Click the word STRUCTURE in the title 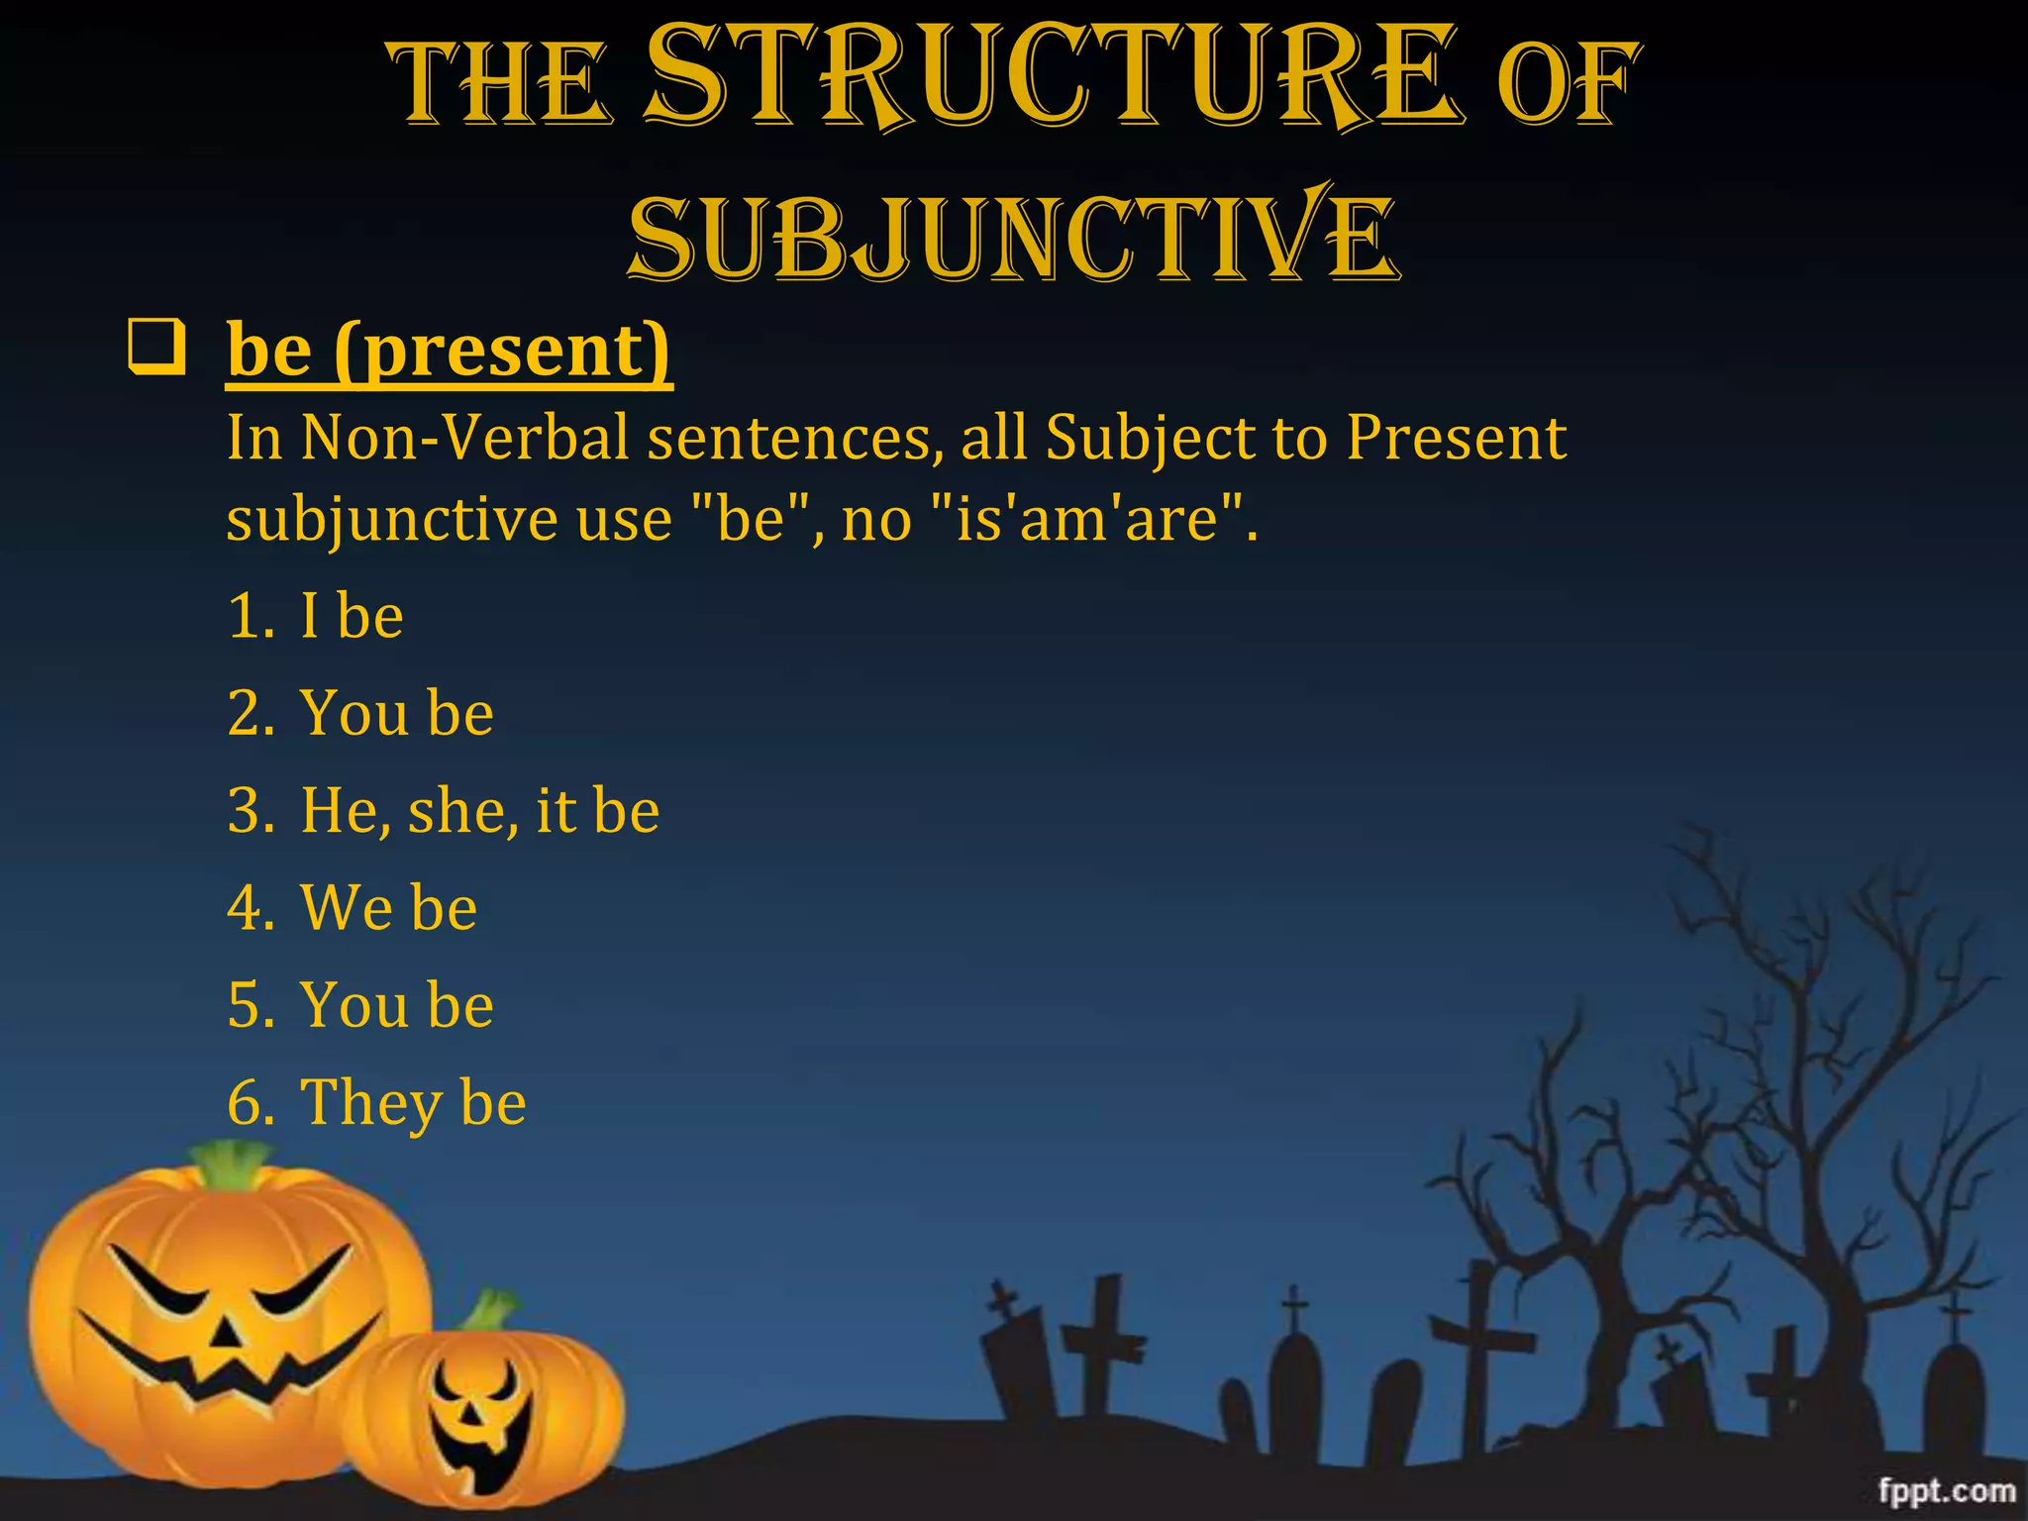point(1056,79)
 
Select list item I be point(352,615)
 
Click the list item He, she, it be point(479,810)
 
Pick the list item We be point(388,907)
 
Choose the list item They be point(413,1102)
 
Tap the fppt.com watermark point(1946,1490)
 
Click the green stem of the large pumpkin point(234,1165)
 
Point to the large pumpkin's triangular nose point(229,1333)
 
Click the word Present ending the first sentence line point(1456,437)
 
